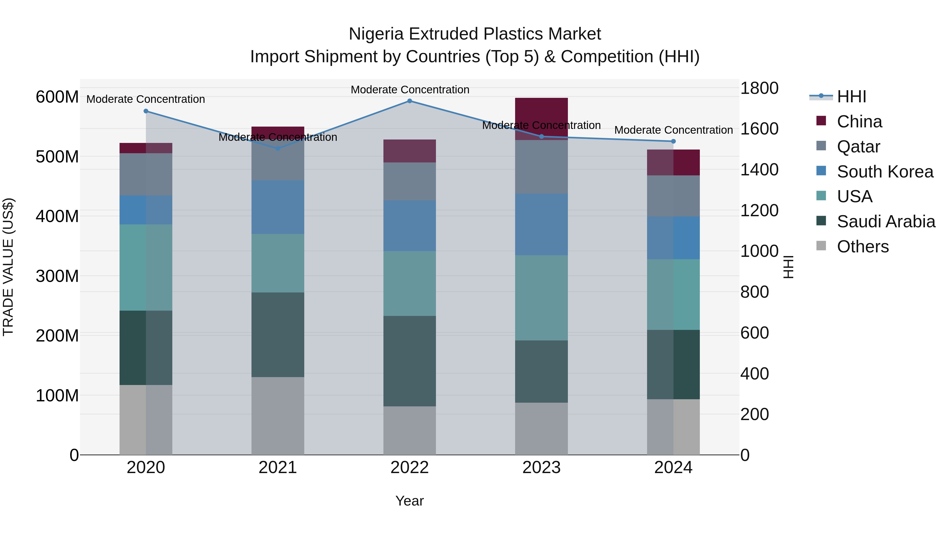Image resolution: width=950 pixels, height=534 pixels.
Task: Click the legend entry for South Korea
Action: (x=885, y=172)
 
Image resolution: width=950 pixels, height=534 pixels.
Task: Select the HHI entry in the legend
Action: (x=851, y=97)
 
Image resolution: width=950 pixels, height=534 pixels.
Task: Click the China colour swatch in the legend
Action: (x=821, y=121)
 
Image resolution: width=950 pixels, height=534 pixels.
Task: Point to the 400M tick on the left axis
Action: (x=57, y=216)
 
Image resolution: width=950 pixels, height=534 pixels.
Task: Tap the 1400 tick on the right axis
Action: (x=759, y=170)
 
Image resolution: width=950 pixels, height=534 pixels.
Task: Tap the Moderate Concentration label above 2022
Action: (x=410, y=90)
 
